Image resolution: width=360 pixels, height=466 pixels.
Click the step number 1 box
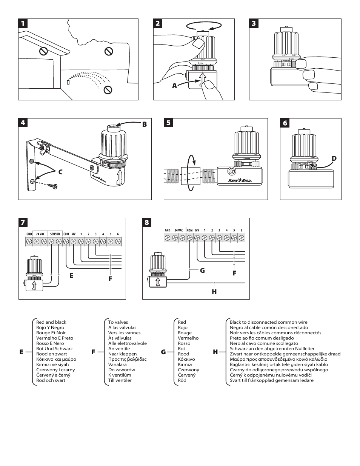[x=23, y=23]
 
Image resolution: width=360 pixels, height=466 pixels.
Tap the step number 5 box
[x=168, y=123]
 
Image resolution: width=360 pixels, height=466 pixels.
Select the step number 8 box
[x=147, y=223]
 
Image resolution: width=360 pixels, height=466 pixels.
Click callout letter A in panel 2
[x=174, y=86]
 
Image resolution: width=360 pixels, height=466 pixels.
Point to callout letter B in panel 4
[x=144, y=124]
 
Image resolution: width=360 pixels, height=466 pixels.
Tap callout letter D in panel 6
[x=334, y=158]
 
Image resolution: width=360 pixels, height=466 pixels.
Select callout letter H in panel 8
[x=214, y=291]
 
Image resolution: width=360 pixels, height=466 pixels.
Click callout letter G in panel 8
[x=202, y=270]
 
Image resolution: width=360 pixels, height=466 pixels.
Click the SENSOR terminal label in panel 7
[x=55, y=234]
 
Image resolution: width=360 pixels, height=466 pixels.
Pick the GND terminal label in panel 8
[x=168, y=230]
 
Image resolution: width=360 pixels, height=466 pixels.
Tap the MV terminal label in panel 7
[x=74, y=234]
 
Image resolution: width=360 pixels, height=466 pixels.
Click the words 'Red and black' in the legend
[x=51, y=322]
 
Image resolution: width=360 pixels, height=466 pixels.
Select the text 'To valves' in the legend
[x=118, y=322]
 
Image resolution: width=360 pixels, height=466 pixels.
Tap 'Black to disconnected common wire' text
[x=268, y=322]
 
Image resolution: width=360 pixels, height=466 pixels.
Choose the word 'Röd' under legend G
[x=182, y=380]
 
